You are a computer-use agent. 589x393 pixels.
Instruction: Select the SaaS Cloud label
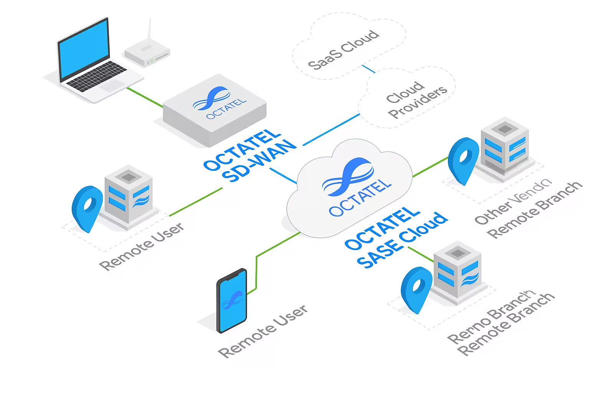pos(344,50)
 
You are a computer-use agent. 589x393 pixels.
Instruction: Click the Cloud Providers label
pos(416,99)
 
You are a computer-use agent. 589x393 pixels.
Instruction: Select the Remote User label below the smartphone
pos(263,331)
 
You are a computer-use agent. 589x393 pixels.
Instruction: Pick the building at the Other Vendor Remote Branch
pos(505,146)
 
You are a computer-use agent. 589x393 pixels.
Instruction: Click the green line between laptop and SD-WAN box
pos(145,97)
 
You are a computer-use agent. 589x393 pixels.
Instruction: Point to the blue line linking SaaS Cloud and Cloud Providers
pos(369,69)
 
